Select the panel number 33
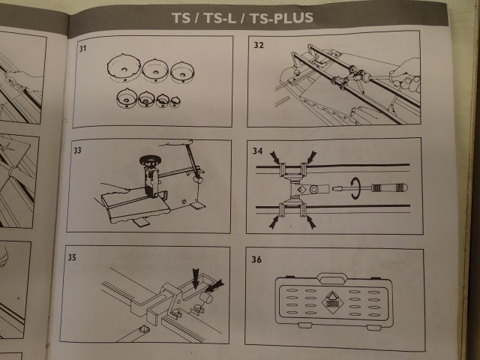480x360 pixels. [78, 150]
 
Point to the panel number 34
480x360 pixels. [258, 151]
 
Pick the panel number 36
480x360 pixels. [257, 261]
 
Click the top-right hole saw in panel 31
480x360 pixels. [182, 71]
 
